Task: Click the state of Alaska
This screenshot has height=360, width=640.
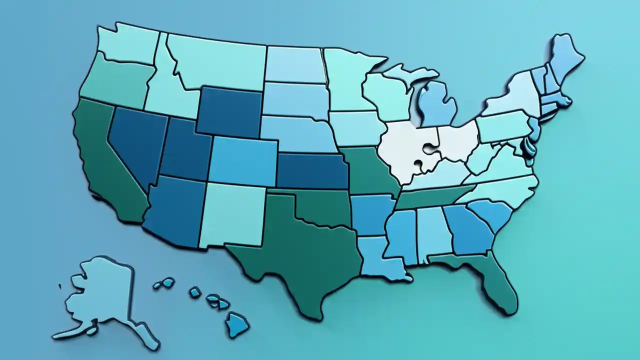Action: click(x=102, y=295)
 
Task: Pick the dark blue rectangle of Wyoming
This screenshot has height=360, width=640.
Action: click(x=230, y=112)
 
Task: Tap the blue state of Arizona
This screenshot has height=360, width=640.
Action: click(x=172, y=210)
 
